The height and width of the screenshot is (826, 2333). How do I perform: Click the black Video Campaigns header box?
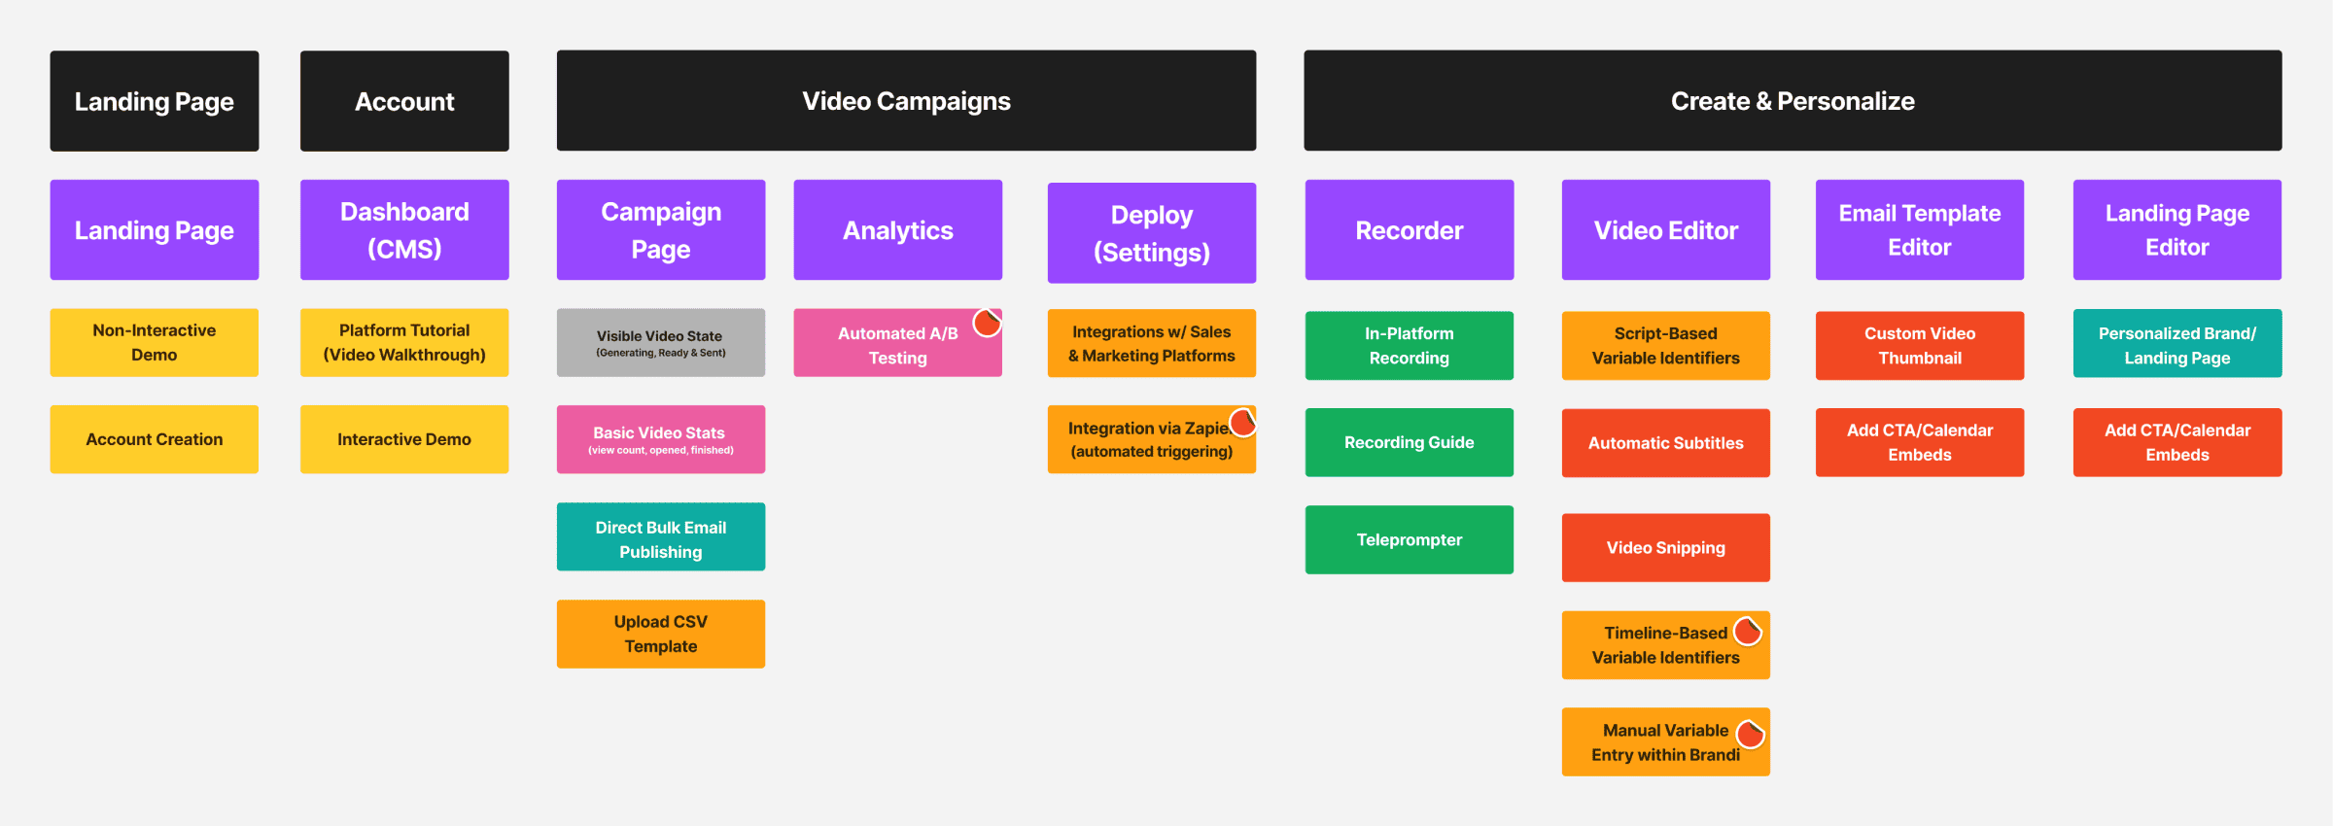[906, 101]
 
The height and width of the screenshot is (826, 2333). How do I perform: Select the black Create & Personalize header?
[1793, 101]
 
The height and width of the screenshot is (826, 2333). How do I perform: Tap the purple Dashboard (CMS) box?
[404, 230]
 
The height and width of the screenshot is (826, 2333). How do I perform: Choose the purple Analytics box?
[898, 230]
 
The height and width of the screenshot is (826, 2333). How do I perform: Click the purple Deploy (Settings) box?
[1152, 233]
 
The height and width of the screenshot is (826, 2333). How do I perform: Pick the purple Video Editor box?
[1666, 230]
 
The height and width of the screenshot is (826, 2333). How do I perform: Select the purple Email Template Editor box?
[1920, 230]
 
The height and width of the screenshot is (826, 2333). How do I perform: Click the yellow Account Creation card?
[155, 439]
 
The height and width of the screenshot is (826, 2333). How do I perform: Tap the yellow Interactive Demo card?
[404, 439]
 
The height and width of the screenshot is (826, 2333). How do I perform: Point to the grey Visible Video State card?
[661, 343]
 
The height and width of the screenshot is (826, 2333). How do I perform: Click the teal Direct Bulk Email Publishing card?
[661, 537]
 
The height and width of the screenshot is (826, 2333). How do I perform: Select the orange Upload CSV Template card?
[661, 635]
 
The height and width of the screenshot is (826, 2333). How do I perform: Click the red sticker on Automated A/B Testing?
[988, 323]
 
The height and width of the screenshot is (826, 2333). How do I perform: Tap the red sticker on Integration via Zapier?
[1243, 422]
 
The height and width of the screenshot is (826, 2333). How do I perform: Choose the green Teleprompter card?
[1410, 540]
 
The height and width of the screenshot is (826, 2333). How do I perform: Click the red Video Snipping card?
[1666, 548]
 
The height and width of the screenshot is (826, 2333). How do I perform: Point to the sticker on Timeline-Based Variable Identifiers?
[1748, 631]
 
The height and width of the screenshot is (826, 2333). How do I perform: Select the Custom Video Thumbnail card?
[1920, 346]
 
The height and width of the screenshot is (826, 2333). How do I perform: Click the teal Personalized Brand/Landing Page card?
[2177, 344]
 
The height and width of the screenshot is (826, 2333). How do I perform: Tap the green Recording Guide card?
[1410, 443]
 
